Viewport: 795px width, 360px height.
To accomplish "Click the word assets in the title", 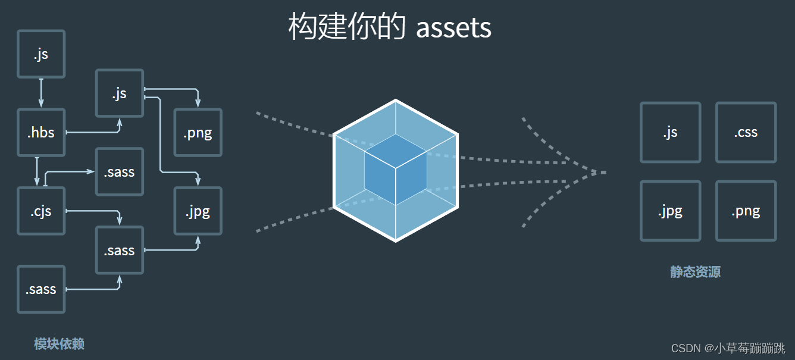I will click(x=453, y=27).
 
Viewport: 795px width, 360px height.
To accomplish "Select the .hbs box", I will click(x=41, y=132).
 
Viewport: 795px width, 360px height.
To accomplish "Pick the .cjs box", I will click(x=41, y=211).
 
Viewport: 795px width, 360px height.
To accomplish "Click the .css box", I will click(x=746, y=132).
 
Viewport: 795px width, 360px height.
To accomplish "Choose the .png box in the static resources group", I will click(x=746, y=211).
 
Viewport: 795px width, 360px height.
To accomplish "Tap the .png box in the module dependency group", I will click(x=198, y=132).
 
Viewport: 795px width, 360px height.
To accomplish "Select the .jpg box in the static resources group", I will click(x=670, y=211).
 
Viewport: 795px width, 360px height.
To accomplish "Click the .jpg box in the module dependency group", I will click(x=198, y=211).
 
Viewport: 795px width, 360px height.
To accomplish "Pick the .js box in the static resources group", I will click(x=670, y=132).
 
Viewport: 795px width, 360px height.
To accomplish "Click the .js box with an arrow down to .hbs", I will click(x=41, y=54).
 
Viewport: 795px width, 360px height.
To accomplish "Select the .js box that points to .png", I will click(x=120, y=93).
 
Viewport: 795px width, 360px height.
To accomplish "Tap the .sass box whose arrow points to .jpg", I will click(x=120, y=250).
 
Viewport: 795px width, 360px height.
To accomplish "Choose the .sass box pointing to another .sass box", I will click(x=41, y=289).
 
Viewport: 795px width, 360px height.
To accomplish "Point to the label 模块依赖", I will click(x=59, y=344).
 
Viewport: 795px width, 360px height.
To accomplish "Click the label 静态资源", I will click(x=695, y=272).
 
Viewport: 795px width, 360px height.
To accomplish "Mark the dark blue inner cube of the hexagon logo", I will click(x=396, y=170).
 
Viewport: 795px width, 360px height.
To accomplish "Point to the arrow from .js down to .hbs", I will click(x=41, y=93).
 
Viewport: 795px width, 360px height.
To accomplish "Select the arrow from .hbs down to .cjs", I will click(x=37, y=171).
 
